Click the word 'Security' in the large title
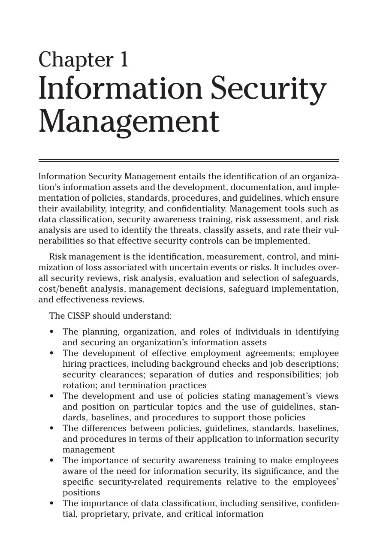click(x=269, y=88)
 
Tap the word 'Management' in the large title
click(x=129, y=121)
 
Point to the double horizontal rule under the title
click(x=188, y=160)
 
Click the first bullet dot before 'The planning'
click(x=52, y=332)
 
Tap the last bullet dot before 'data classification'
click(x=52, y=503)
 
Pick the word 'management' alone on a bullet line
click(x=88, y=449)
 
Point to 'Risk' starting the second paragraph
click(x=57, y=256)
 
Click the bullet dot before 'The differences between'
click(x=52, y=428)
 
